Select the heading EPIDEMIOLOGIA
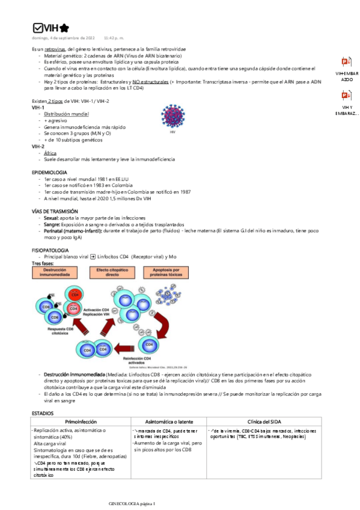click(x=49, y=173)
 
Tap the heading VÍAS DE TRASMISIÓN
click(x=55, y=212)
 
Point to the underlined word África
click(x=50, y=153)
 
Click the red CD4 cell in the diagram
click(x=75, y=295)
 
